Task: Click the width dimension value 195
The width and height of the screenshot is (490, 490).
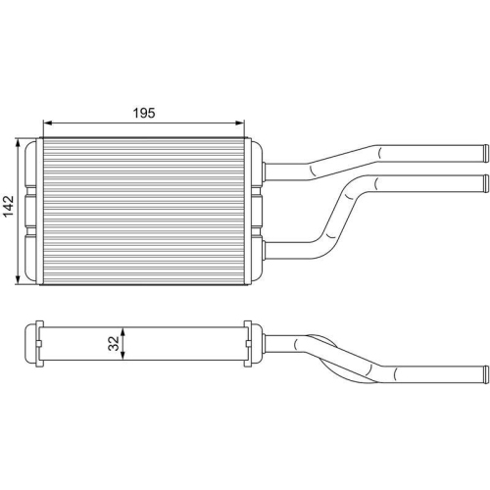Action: [145, 114]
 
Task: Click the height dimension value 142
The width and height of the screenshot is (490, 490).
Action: [9, 208]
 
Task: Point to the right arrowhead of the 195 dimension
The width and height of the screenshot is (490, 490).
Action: [240, 124]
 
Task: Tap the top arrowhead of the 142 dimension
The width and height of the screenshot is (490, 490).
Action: [20, 143]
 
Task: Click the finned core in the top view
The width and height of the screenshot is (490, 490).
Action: [144, 211]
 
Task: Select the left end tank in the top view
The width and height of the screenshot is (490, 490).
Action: [32, 211]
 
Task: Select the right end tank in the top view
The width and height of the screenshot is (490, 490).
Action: [255, 211]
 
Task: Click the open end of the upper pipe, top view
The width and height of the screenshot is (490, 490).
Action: [482, 153]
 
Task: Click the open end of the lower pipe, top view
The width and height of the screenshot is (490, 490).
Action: [482, 180]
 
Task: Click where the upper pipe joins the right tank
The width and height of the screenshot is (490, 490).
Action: [267, 171]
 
